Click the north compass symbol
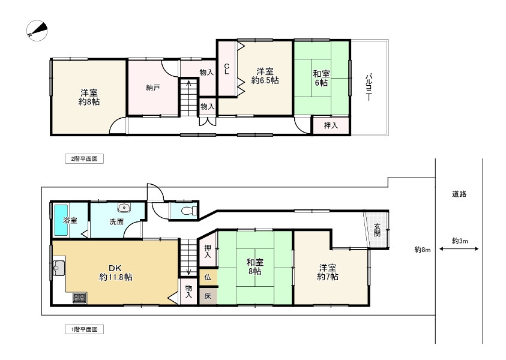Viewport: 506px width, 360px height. pyautogui.click(x=37, y=31)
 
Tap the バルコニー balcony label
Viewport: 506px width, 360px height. pyautogui.click(x=369, y=88)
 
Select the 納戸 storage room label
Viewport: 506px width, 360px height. pyautogui.click(x=153, y=88)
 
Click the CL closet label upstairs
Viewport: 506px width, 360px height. pyautogui.click(x=226, y=69)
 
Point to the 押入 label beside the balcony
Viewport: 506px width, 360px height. pyautogui.click(x=331, y=125)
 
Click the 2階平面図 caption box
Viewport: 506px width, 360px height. pyautogui.click(x=84, y=159)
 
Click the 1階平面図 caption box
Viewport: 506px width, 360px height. pyautogui.click(x=84, y=329)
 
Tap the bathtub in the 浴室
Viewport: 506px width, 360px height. pyautogui.click(x=61, y=220)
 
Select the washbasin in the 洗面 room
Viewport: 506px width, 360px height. pyautogui.click(x=124, y=208)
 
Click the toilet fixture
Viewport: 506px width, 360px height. pyautogui.click(x=190, y=211)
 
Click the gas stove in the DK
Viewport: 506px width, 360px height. pyautogui.click(x=79, y=298)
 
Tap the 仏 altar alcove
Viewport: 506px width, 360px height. pyautogui.click(x=208, y=277)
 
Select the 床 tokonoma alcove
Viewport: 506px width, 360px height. pyautogui.click(x=208, y=296)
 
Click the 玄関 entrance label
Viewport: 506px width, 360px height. pyautogui.click(x=377, y=230)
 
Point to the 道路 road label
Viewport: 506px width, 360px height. pyautogui.click(x=459, y=194)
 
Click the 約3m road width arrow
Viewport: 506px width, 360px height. pyautogui.click(x=459, y=249)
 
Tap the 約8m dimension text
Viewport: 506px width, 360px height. pyautogui.click(x=423, y=250)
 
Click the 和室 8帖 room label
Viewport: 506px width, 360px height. pyautogui.click(x=255, y=266)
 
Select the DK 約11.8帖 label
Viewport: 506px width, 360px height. pyautogui.click(x=115, y=272)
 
